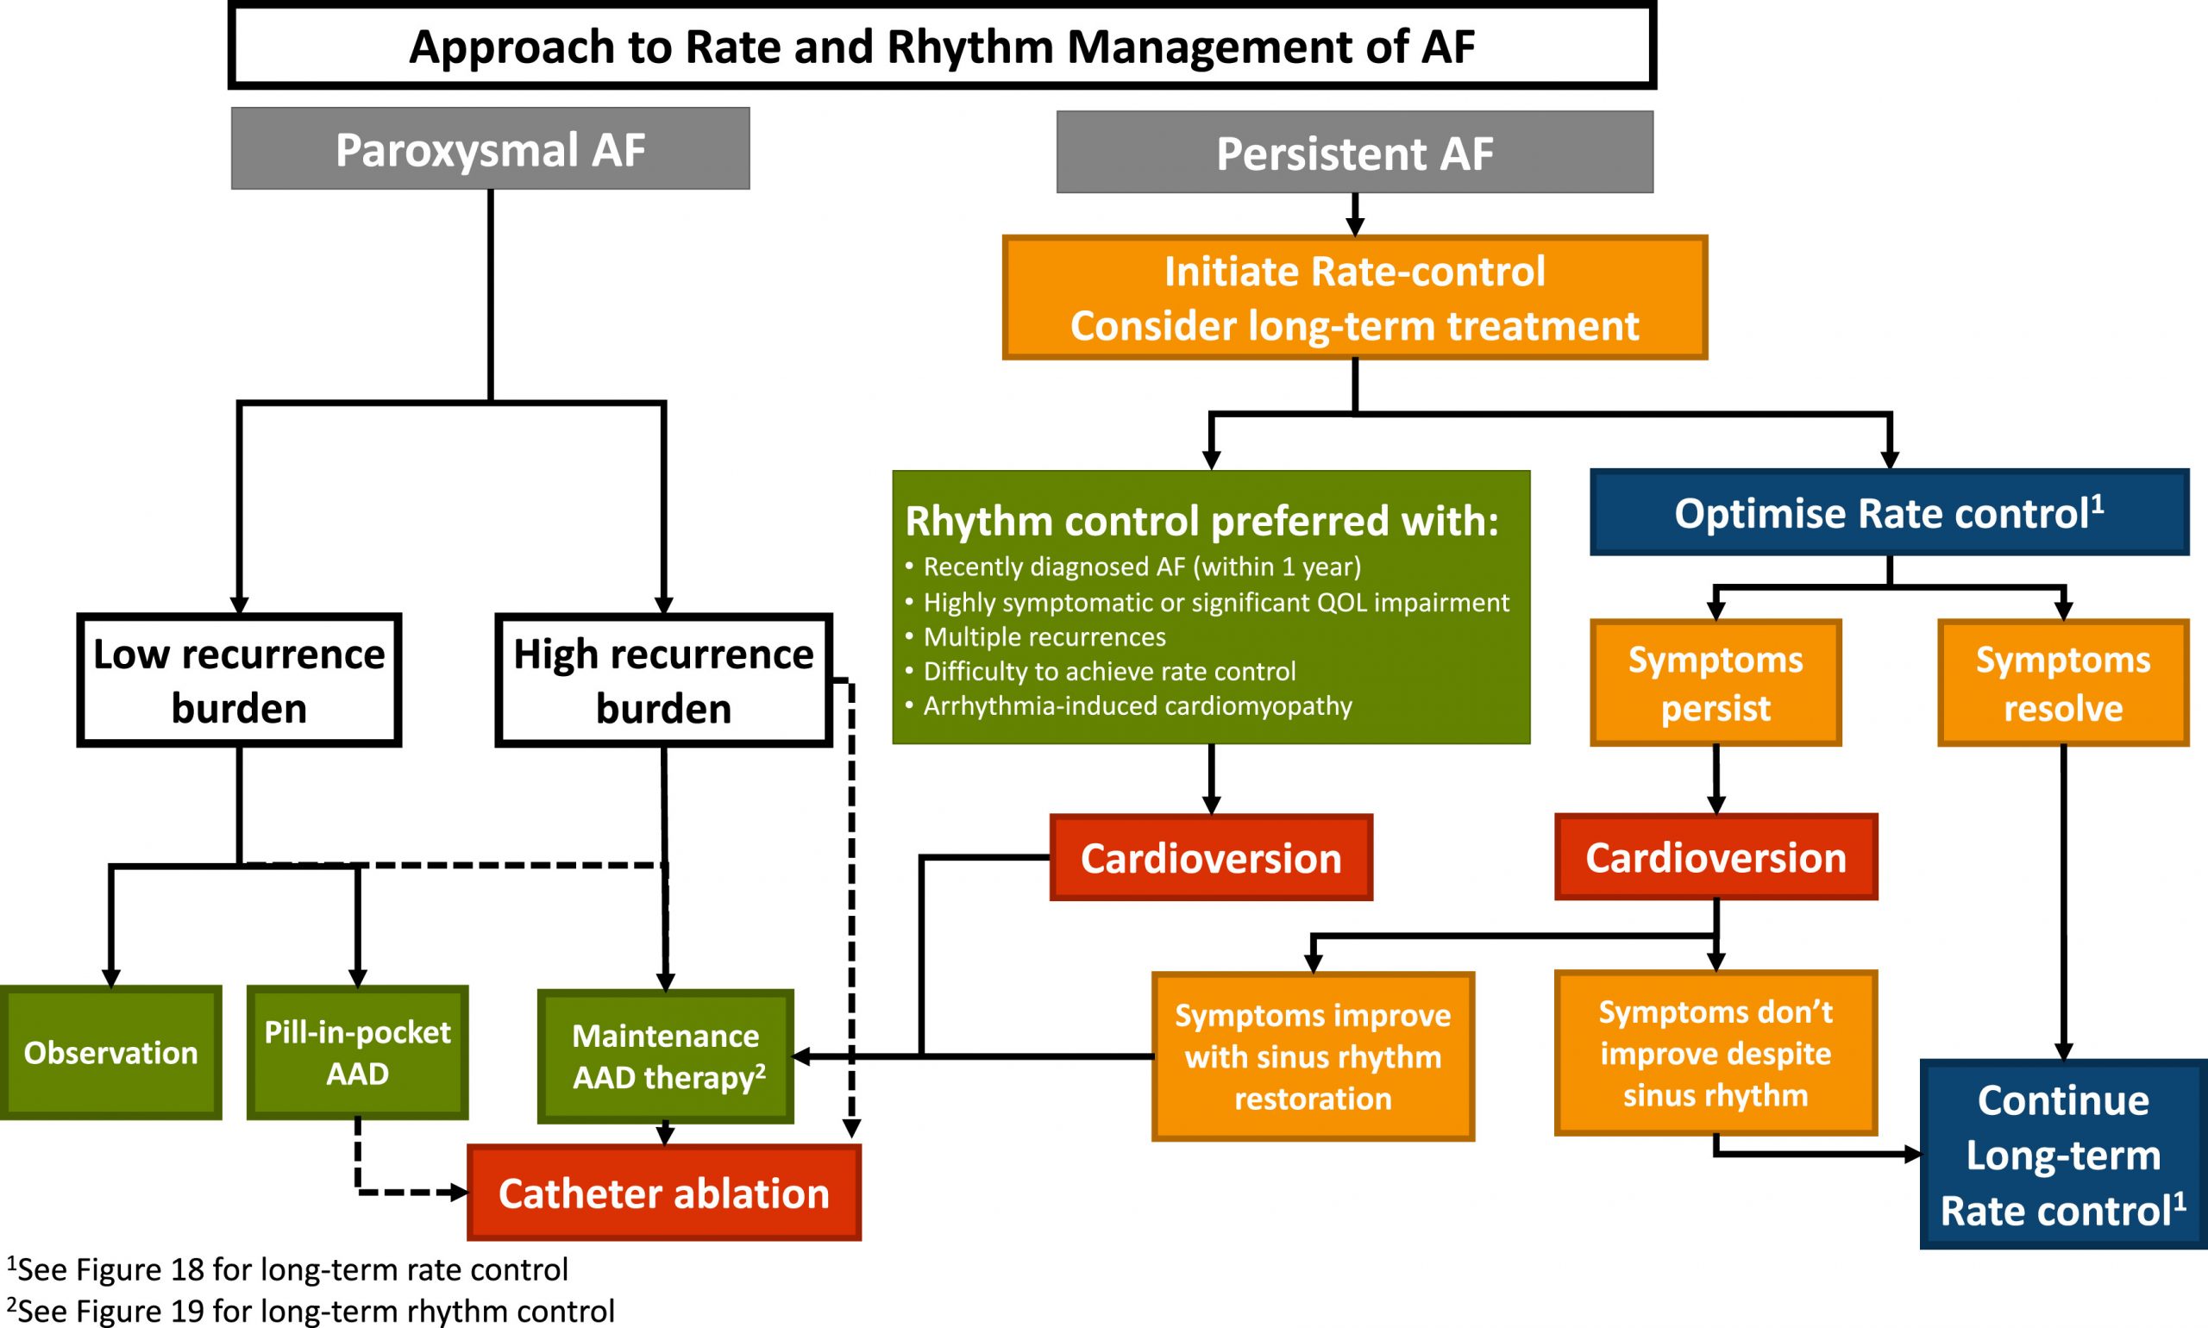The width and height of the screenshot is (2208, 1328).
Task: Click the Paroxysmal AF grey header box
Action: (491, 148)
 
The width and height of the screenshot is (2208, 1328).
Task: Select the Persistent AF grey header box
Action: (1354, 152)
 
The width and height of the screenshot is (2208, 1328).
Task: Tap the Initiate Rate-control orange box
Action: (1354, 298)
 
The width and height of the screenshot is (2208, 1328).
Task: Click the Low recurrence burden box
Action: (239, 680)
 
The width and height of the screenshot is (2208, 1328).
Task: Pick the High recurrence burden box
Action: (663, 680)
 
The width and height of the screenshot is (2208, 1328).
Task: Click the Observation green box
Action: (110, 1052)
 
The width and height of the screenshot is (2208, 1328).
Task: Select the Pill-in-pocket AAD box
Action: (357, 1052)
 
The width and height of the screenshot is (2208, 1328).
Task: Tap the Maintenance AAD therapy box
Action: (666, 1056)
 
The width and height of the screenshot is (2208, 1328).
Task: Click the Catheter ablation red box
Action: (663, 1193)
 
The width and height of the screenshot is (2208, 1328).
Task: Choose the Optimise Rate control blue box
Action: (1889, 513)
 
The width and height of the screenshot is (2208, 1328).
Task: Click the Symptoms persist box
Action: (1715, 683)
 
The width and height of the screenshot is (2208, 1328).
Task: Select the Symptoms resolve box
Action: (2062, 683)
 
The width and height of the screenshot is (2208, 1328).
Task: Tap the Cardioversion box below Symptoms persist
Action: (1715, 857)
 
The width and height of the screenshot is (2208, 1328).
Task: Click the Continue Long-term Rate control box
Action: (2062, 1155)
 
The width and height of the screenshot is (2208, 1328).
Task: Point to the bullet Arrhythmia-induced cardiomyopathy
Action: (1137, 706)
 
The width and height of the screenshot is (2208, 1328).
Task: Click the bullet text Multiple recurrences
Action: (1044, 637)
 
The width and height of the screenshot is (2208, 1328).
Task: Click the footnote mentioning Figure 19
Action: (310, 1311)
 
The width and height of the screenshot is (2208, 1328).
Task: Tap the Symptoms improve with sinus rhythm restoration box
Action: (1312, 1057)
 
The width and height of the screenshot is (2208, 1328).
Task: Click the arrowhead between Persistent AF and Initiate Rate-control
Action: (1354, 226)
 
